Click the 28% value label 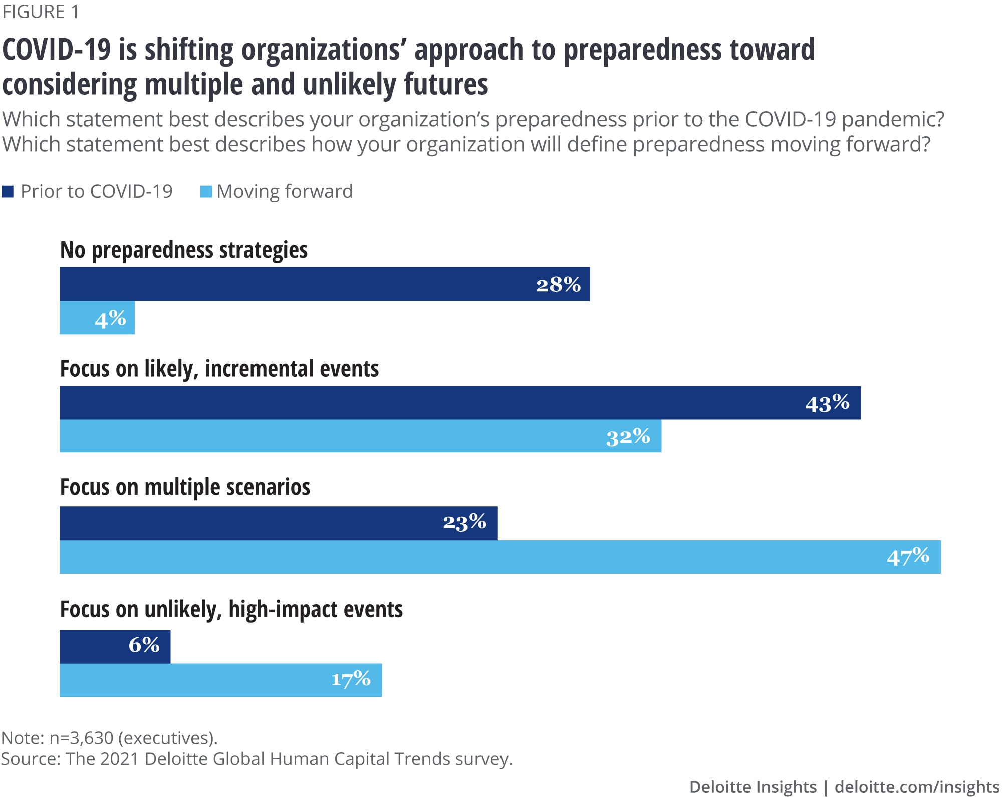pyautogui.click(x=558, y=285)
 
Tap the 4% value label pyautogui.click(x=110, y=319)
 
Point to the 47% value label pyautogui.click(x=908, y=557)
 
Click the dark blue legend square pyautogui.click(x=8, y=192)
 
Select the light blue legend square pyautogui.click(x=206, y=192)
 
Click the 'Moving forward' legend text pyautogui.click(x=285, y=192)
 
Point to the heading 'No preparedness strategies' pyautogui.click(x=183, y=250)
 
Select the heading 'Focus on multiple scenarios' pyautogui.click(x=185, y=487)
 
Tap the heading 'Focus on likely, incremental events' pyautogui.click(x=219, y=369)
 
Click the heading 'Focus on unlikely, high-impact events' pyautogui.click(x=231, y=610)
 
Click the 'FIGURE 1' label pyautogui.click(x=41, y=12)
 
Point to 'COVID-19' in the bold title pyautogui.click(x=56, y=50)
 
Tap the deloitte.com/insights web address pyautogui.click(x=917, y=787)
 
